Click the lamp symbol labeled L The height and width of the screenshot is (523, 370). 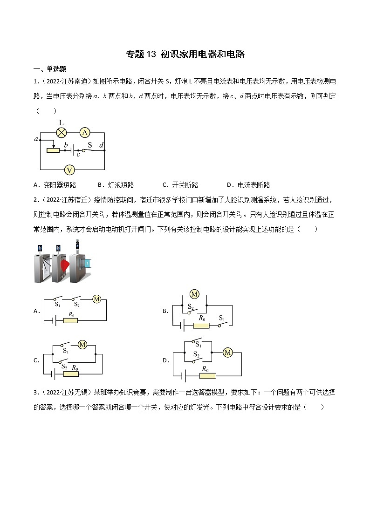61,133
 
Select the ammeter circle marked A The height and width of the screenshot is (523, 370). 84,133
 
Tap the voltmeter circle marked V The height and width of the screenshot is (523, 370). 69,169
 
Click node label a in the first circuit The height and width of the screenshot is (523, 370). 36,139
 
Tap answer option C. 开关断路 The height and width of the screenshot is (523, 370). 180,185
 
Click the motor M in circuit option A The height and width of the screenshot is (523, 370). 96,299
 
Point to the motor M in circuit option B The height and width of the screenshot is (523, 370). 195,294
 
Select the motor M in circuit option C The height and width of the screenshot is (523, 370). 82,345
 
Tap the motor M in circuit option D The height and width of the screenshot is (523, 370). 228,353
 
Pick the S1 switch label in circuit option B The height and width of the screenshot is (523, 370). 222,319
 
